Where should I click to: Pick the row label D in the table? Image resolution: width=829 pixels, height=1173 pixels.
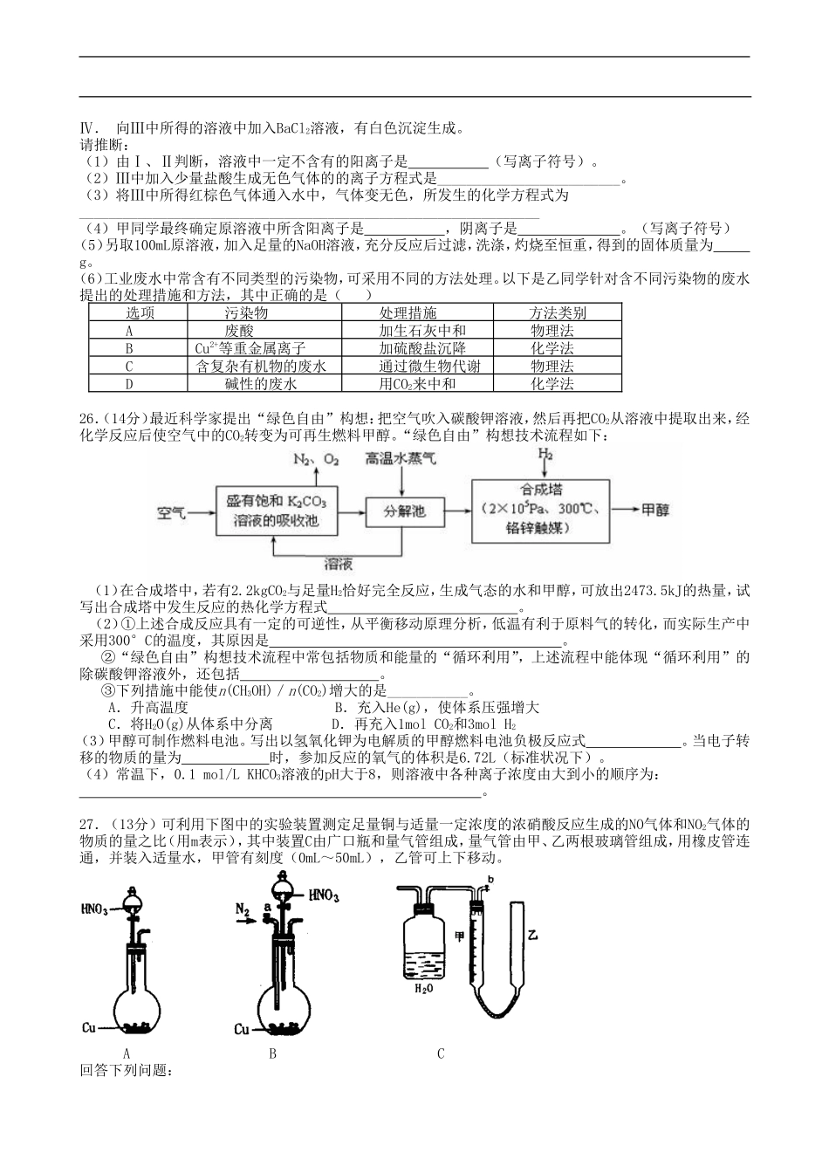pyautogui.click(x=129, y=384)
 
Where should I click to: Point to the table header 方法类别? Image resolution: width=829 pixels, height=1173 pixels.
pyautogui.click(x=557, y=313)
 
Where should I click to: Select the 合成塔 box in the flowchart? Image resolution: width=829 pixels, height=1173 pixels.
pyautogui.click(x=541, y=510)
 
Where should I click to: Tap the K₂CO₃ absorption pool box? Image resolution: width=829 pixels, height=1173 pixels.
pyautogui.click(x=274, y=511)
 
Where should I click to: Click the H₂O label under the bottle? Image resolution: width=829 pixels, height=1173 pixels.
pyautogui.click(x=421, y=989)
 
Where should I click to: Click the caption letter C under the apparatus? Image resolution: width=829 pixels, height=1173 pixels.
pyautogui.click(x=441, y=1053)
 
